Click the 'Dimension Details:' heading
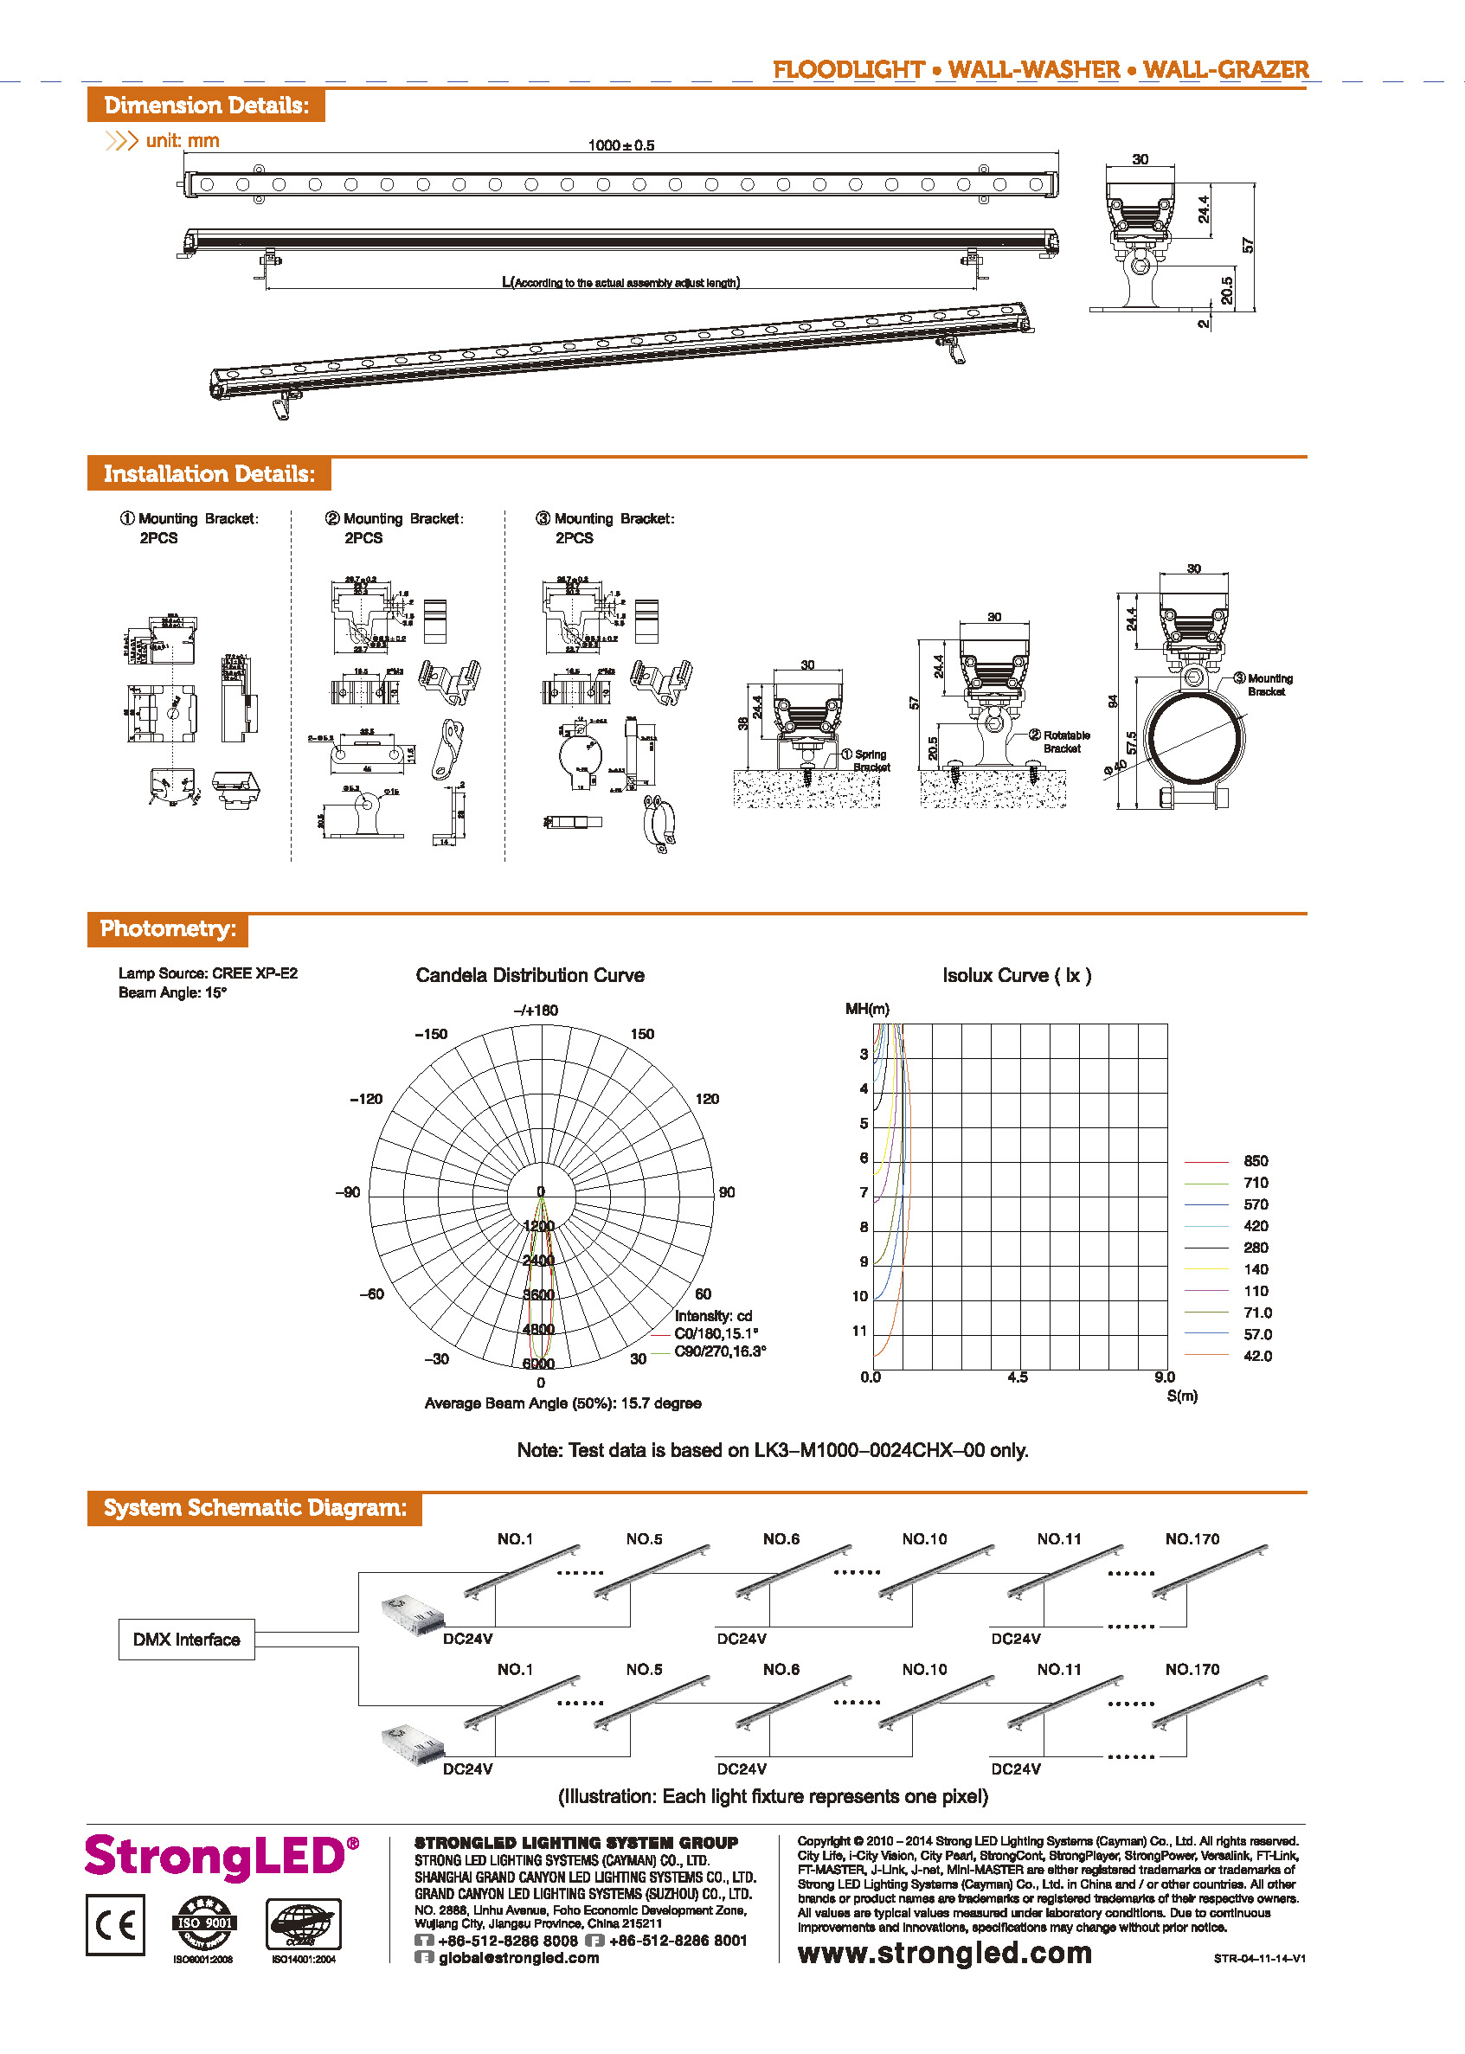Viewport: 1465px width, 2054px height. pos(206,106)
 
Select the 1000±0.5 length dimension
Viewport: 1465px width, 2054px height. pos(620,145)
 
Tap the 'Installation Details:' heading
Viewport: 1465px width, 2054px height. pos(209,473)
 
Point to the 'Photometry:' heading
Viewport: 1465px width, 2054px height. pos(168,929)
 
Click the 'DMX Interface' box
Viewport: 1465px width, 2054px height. pos(186,1639)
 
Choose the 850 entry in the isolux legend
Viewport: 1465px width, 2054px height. pos(1255,1161)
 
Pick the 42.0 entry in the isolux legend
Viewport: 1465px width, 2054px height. pos(1256,1356)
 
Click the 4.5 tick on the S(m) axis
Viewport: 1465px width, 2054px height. pos(1017,1377)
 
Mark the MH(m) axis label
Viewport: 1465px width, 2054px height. pos(866,1009)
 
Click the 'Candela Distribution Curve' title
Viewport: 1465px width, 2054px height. pos(530,975)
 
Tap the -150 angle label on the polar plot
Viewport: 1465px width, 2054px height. pos(431,1034)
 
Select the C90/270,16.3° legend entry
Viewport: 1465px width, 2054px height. pos(720,1351)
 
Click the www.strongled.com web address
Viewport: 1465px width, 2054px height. pos(943,1953)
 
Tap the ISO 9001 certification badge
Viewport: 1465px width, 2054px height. pos(205,1923)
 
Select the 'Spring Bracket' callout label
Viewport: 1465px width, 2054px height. pos(871,761)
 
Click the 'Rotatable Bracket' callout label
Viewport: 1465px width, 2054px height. pos(1065,741)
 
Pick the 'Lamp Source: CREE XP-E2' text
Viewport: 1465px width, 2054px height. pos(208,973)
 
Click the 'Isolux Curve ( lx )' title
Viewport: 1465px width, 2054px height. pos(1016,975)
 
